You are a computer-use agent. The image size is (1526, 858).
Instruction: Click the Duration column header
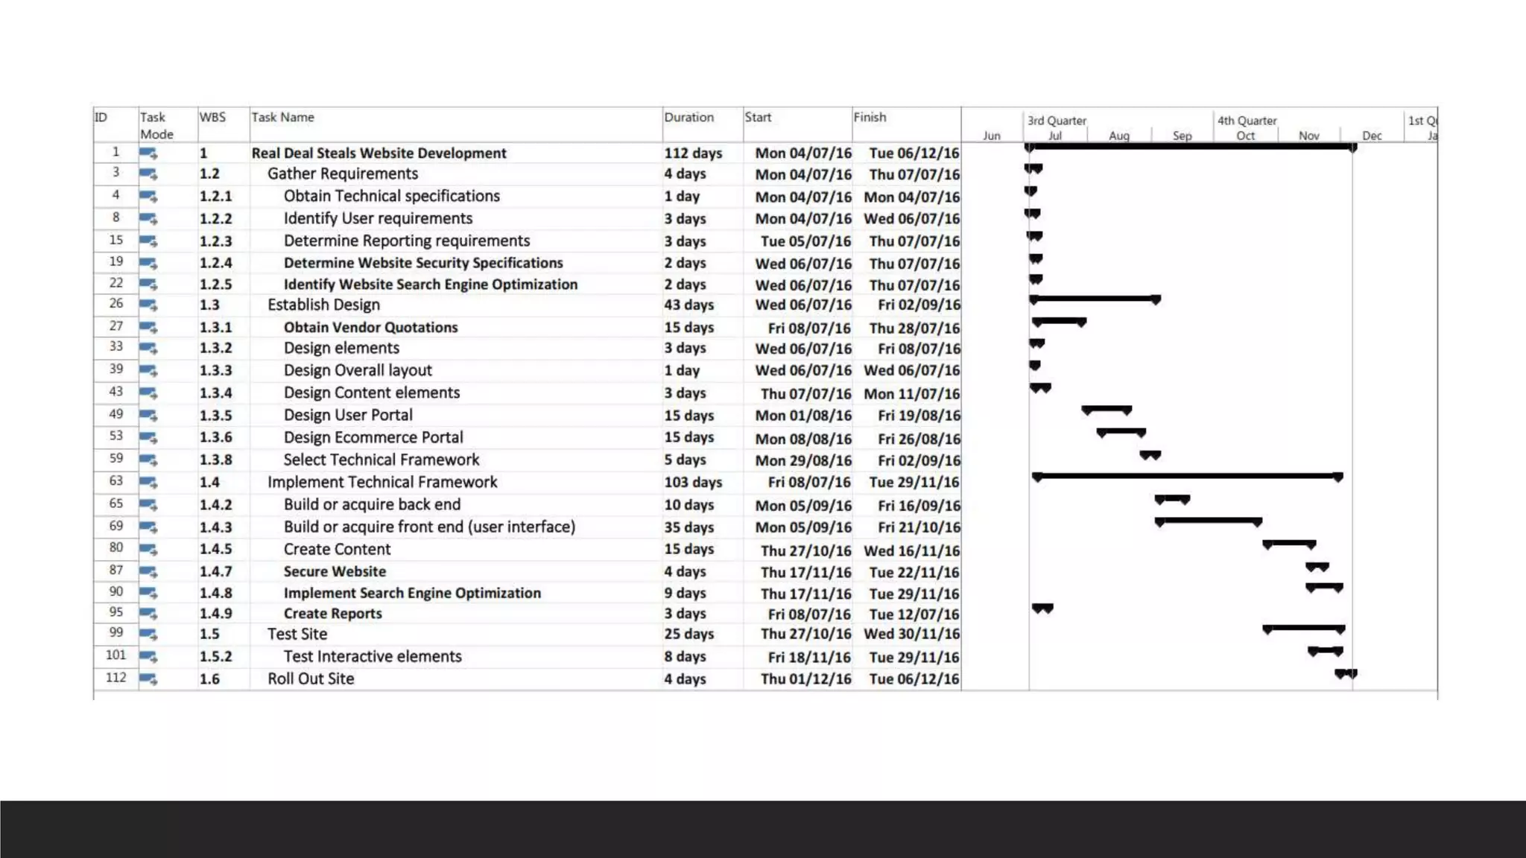pos(688,118)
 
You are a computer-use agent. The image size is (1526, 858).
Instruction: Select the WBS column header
pos(212,118)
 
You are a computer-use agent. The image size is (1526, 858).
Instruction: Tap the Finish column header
pos(870,118)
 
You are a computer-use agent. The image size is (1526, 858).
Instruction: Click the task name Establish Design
pos(323,305)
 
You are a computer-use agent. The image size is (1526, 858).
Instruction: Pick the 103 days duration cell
pos(693,483)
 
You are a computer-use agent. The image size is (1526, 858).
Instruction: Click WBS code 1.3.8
pos(215,460)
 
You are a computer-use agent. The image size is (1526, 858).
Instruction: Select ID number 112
pos(115,678)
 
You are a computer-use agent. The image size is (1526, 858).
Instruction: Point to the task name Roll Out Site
pos(311,679)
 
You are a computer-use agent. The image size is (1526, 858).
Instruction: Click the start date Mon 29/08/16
pos(802,461)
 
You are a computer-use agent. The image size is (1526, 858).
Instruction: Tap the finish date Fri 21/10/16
pos(919,527)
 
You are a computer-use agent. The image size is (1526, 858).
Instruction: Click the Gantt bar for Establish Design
pos(1094,299)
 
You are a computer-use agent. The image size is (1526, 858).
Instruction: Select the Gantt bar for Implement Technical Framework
pos(1187,475)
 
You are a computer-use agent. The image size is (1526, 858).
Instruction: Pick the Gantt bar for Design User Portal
pos(1106,409)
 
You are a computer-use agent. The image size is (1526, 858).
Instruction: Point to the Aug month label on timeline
pos(1118,136)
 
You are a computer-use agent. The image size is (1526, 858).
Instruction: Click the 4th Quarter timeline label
pos(1247,121)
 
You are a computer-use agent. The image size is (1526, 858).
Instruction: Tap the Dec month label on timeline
pos(1372,136)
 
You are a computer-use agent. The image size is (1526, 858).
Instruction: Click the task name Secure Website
pos(335,572)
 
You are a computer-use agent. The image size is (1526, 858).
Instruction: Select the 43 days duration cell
pos(688,305)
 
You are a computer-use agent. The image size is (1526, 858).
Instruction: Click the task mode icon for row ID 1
pos(148,153)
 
